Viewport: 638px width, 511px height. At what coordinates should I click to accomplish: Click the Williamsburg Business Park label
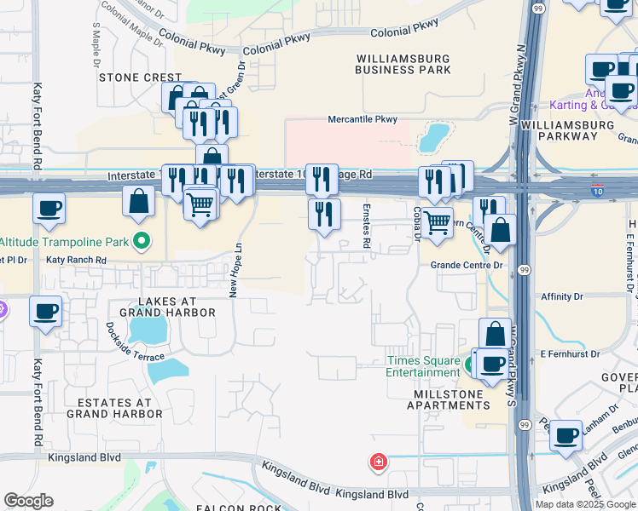(403, 63)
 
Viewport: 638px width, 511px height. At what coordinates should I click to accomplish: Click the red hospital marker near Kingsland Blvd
(378, 462)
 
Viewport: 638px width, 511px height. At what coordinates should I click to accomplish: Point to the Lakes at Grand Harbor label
(167, 307)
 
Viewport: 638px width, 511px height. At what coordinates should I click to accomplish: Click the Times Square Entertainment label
(422, 367)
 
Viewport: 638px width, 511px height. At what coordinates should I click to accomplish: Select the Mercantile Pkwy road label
(362, 120)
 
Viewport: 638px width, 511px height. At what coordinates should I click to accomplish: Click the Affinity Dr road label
(561, 297)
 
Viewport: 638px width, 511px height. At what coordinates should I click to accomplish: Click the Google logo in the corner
(28, 501)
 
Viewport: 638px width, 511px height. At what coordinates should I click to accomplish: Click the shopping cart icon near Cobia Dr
(437, 222)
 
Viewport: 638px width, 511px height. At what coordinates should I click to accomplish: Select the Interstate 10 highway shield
(599, 193)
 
